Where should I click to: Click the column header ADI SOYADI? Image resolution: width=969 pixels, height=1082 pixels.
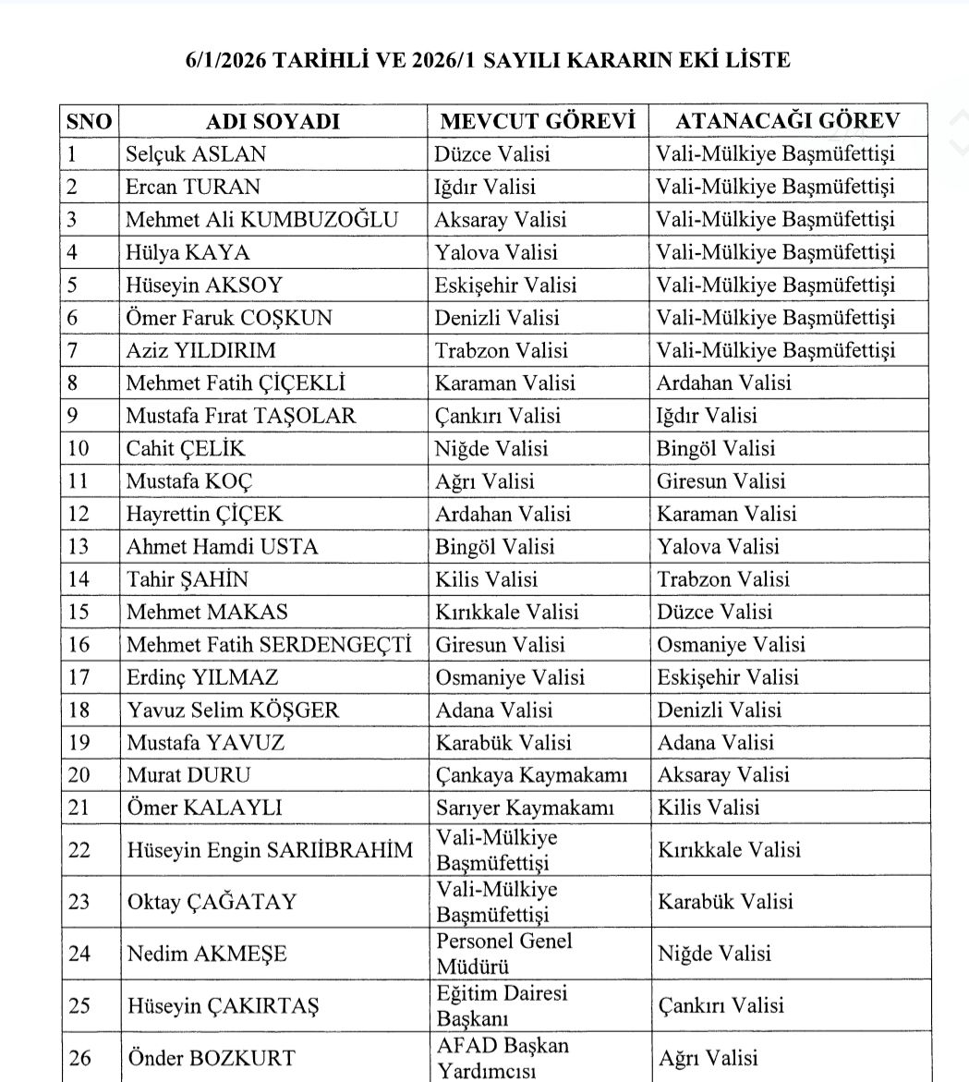pos(272,122)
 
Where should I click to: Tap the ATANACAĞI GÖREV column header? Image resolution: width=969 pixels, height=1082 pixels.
pos(788,122)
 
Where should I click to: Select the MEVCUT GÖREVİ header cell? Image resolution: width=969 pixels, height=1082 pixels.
pos(538,122)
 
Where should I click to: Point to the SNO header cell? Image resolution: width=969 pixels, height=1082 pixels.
pos(90,122)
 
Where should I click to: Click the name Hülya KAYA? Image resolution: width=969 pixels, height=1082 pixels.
pos(188,252)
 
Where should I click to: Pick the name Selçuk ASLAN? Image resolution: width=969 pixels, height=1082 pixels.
pos(196,154)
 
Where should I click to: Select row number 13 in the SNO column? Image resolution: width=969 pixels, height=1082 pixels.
pos(79,546)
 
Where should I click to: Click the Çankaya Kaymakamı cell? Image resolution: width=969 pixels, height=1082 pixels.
pos(531,774)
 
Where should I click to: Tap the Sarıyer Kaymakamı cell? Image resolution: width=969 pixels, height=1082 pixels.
pos(525,808)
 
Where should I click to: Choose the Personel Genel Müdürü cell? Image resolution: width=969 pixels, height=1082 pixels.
pos(504,954)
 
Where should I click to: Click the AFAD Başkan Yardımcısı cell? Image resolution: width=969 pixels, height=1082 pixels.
pos(503,1058)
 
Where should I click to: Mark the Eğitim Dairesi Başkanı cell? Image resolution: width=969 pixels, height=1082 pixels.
pos(502,1005)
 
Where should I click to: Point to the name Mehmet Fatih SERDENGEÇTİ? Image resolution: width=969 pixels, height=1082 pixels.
pos(269,644)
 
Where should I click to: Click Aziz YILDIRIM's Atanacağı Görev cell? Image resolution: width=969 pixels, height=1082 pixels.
pos(775,350)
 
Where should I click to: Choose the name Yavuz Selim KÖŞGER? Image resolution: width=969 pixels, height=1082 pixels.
pos(233,710)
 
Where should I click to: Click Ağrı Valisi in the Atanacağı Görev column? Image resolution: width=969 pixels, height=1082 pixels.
pos(708,1058)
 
